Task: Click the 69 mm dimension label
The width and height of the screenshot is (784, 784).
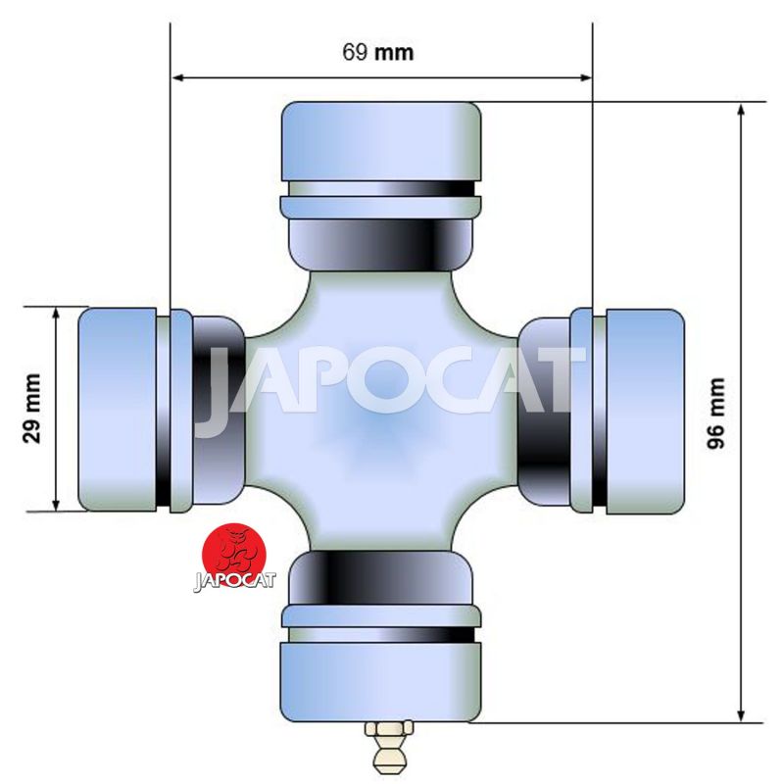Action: click(x=378, y=52)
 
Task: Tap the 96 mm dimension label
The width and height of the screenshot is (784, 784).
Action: click(x=716, y=413)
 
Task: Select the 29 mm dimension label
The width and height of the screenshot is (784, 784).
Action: click(x=31, y=409)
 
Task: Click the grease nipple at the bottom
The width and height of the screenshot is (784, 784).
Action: click(x=389, y=747)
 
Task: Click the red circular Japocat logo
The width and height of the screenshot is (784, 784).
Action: click(x=234, y=555)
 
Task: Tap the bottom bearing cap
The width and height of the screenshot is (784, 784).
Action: click(x=380, y=682)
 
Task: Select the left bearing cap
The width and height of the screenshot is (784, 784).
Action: click(x=118, y=410)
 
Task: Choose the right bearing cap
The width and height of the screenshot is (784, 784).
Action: click(x=645, y=412)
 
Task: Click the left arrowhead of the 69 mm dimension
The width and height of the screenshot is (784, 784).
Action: click(x=177, y=77)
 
